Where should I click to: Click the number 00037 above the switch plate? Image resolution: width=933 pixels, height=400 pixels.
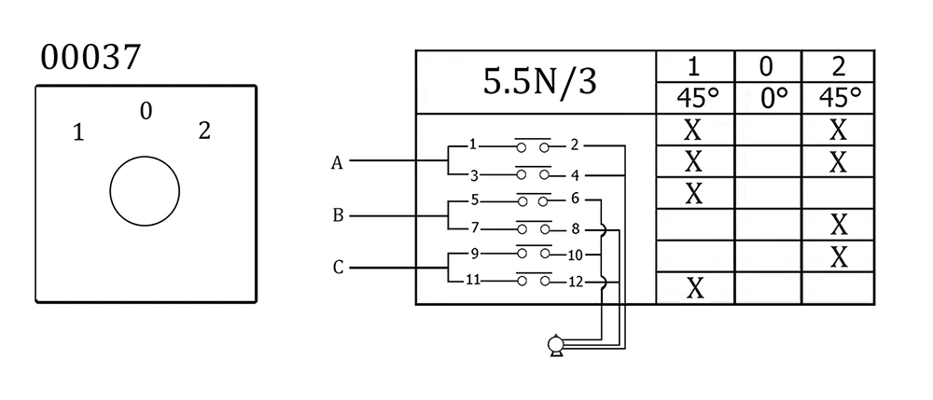coord(91,58)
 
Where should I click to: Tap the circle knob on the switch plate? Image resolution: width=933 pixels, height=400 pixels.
coord(144,192)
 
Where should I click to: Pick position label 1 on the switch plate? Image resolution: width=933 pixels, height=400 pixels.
coord(79,132)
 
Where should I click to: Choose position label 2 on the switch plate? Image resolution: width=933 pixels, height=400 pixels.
coord(204,131)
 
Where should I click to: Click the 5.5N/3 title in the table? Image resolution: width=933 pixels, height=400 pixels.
coord(538,82)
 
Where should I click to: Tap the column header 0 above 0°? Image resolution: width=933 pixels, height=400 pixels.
coord(767,66)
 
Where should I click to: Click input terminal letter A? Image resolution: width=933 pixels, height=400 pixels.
coord(337,163)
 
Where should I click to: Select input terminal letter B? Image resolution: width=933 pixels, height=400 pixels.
coord(339,215)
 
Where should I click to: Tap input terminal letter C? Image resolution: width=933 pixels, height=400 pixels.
coord(338,269)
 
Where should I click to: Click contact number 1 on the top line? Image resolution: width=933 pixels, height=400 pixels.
coord(474,145)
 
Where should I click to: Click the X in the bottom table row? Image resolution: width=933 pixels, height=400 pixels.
coord(694,289)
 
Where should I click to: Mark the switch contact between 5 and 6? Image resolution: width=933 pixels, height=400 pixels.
coord(534,200)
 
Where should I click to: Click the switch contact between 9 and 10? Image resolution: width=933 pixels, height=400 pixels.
coord(534,254)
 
